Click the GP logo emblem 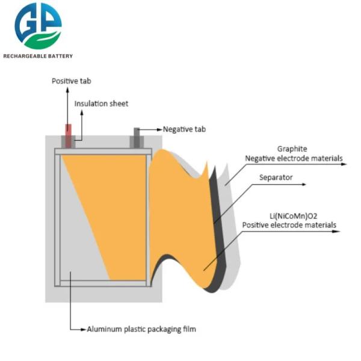[38, 26]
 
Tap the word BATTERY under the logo [59, 56]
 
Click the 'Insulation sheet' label [101, 103]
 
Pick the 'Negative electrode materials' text [294, 158]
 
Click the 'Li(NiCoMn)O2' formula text [293, 215]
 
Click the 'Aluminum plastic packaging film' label [141, 329]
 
